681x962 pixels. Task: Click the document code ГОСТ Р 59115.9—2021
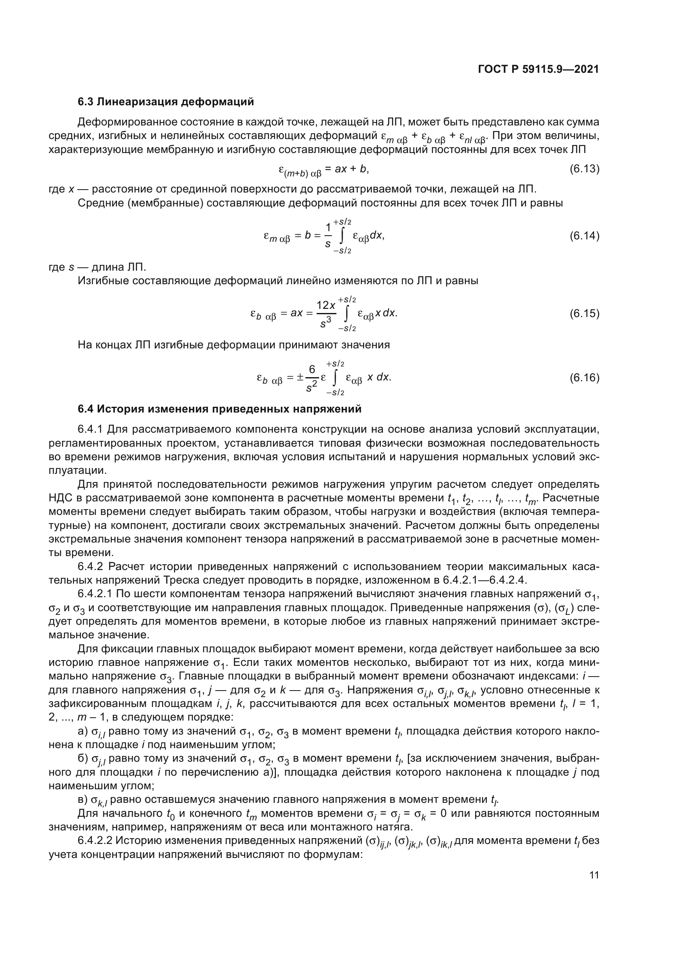[x=539, y=70]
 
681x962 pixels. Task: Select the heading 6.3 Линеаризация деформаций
[x=166, y=102]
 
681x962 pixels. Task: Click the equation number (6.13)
[x=584, y=169]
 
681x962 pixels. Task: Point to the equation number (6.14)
[x=584, y=236]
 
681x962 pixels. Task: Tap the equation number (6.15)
[x=584, y=314]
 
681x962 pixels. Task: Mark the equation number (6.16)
[x=584, y=378]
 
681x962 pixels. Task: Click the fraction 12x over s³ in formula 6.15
[x=326, y=314]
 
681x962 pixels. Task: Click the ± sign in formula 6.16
[x=300, y=378]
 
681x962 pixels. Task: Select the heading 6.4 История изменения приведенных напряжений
[x=219, y=409]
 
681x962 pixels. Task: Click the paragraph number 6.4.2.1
[x=95, y=594]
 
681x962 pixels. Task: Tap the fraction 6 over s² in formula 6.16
[x=312, y=378]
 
